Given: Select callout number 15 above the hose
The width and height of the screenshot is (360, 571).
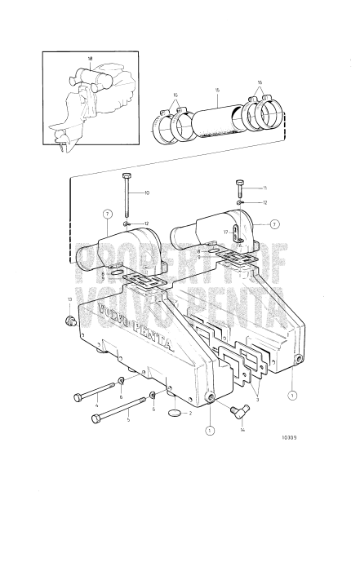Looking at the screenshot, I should point(216,90).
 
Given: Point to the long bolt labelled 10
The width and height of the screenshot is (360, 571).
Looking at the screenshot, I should point(127,200).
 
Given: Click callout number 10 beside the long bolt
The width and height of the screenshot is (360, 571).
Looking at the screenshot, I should point(147,193).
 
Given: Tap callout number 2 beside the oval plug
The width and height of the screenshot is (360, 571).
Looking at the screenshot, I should point(189,414).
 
